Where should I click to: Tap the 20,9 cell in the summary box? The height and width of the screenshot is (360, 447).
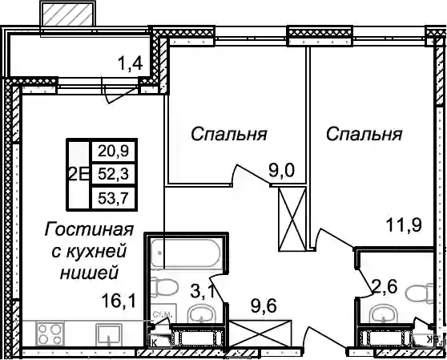point(114,151)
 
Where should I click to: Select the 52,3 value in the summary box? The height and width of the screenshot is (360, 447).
point(114,174)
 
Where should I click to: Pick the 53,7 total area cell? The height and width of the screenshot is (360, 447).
point(114,198)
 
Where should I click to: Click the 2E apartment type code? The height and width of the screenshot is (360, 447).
point(79,174)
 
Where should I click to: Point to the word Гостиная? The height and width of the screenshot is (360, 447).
point(89,229)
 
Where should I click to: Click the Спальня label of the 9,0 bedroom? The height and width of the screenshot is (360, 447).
point(229,134)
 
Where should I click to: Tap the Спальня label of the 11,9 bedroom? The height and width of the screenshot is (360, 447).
point(364,134)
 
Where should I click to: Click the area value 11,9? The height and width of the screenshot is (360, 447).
point(404,225)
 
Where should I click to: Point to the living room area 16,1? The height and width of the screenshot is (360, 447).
point(119,301)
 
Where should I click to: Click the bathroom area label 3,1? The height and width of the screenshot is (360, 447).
point(204,293)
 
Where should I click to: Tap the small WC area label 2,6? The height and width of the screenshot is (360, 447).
point(384,287)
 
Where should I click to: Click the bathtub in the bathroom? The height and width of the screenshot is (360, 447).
point(185,253)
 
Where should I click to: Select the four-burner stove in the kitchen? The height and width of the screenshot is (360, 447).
point(50,334)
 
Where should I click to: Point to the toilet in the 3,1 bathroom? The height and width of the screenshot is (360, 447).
point(164,287)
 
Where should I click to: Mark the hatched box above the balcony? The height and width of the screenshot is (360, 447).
point(67,14)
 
